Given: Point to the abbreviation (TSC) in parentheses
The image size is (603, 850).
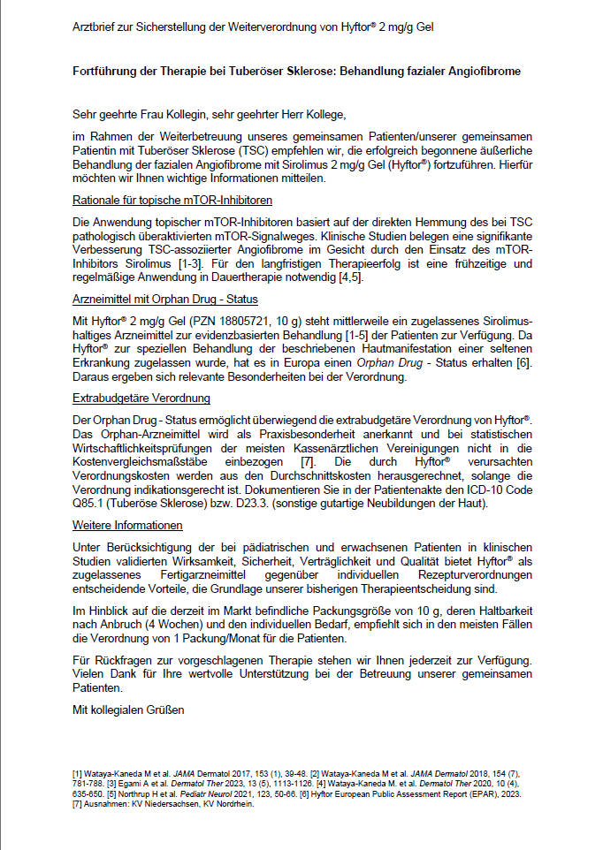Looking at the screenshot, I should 226,149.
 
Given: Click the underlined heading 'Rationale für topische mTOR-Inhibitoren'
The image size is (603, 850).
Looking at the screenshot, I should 172,200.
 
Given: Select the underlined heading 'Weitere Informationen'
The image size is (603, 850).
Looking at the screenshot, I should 127,526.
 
